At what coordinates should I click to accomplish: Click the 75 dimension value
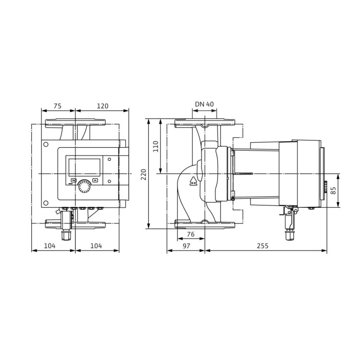coord(57,106)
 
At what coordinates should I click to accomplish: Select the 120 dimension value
coord(102,106)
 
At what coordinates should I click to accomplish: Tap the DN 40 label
coord(205,105)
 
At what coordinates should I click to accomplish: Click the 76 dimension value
coord(191,235)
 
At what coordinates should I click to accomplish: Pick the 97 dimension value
coord(186,246)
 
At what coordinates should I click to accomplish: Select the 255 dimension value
coord(262,246)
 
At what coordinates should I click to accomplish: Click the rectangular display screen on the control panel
coord(84,167)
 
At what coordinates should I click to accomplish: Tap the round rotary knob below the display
coord(84,185)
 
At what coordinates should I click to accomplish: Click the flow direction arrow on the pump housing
coord(193,180)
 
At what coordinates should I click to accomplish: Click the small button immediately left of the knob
coord(73,181)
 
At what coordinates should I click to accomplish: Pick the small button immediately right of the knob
coord(96,181)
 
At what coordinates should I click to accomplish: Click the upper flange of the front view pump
coord(76,123)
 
